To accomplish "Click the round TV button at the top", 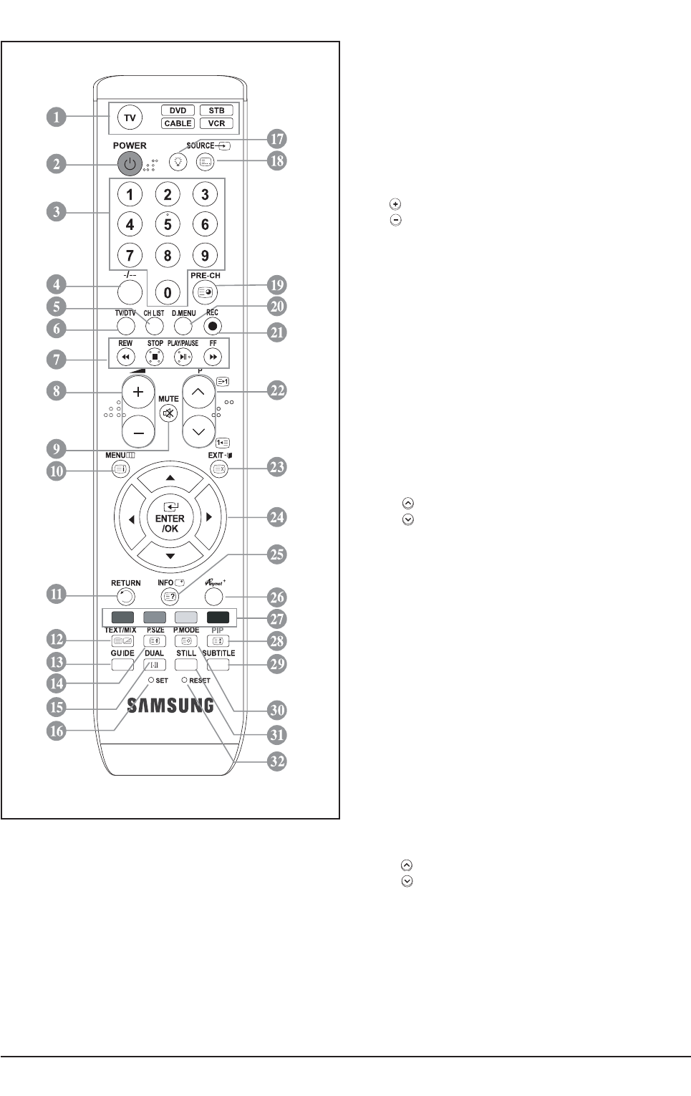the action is [x=130, y=117].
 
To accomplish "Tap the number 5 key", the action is [x=168, y=224].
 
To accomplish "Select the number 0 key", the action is [x=168, y=292].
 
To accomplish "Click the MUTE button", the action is [x=168, y=413].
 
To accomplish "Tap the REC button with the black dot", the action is [x=212, y=325].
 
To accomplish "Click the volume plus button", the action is [x=139, y=392].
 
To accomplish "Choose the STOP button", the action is [x=154, y=356].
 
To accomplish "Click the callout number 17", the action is [x=276, y=139].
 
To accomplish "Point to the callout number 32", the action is [x=276, y=761].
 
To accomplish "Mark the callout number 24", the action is [x=276, y=517].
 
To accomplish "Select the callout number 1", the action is [x=56, y=117].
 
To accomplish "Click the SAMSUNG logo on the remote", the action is [x=170, y=706].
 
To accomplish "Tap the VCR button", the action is [x=216, y=123].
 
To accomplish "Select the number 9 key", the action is [x=205, y=255].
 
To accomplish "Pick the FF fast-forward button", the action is [x=213, y=356].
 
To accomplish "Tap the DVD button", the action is [x=178, y=110].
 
